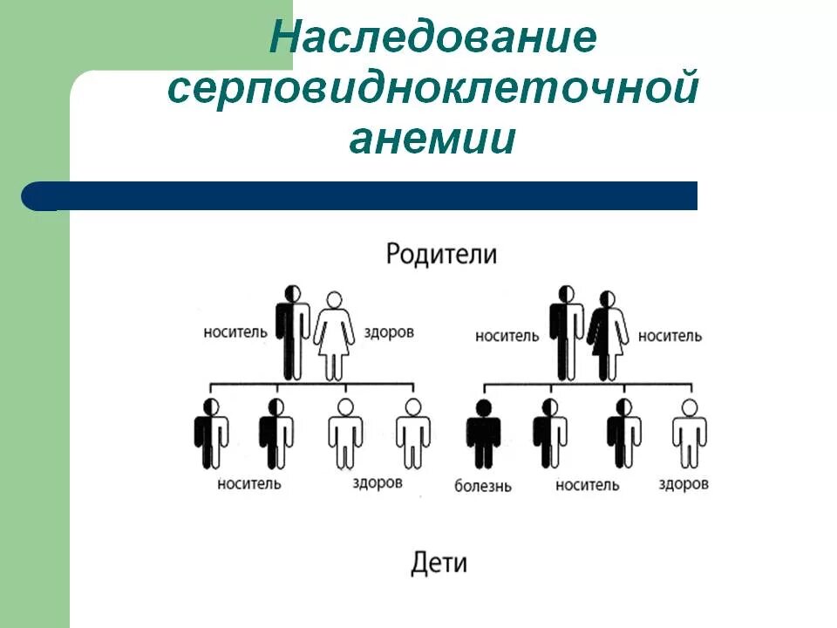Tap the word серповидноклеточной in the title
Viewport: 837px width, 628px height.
(432, 91)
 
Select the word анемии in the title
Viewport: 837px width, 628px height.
(432, 140)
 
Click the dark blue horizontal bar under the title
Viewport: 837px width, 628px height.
(366, 195)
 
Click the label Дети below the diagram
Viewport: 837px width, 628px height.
(439, 563)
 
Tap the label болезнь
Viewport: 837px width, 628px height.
(483, 485)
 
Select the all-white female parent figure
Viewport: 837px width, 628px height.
(333, 336)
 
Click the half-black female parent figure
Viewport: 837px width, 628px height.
(608, 336)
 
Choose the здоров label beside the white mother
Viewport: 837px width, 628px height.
(386, 332)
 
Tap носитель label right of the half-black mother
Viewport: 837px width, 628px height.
(670, 336)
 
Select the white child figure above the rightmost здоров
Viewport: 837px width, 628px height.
(689, 433)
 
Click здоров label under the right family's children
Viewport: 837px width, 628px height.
(684, 484)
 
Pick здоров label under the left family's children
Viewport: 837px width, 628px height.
(378, 482)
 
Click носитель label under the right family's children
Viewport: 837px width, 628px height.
(587, 485)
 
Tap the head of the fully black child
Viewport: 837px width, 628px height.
(483, 407)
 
